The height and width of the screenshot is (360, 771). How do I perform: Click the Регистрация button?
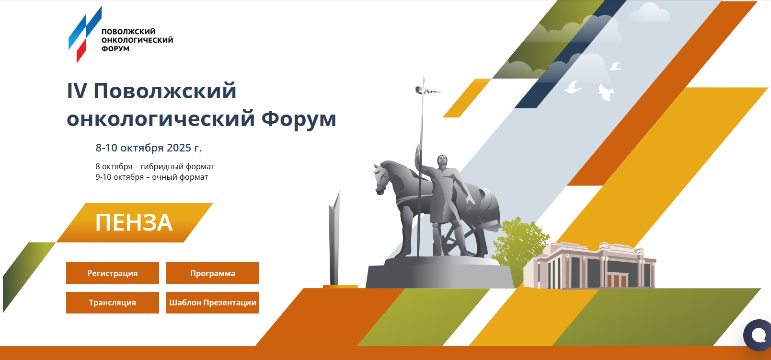(113, 273)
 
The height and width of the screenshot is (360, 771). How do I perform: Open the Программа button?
(213, 273)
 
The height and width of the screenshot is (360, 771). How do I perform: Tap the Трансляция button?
(113, 302)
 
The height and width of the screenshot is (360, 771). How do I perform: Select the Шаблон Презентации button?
(213, 302)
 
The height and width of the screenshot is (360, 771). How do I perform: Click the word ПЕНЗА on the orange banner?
(134, 222)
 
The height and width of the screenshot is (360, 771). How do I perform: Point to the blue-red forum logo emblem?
(85, 35)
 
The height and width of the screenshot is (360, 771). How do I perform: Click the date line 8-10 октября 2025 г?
(149, 148)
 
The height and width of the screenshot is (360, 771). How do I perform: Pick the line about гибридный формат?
(155, 166)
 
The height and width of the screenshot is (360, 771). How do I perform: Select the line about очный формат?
(152, 177)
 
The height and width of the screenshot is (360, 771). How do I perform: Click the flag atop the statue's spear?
(427, 91)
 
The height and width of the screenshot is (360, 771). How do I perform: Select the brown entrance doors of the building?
(618, 280)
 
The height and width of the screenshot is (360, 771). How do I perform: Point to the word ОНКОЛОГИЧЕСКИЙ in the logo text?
(138, 40)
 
